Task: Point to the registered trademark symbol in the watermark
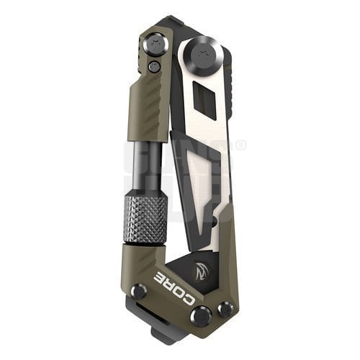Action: pos(240,145)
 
